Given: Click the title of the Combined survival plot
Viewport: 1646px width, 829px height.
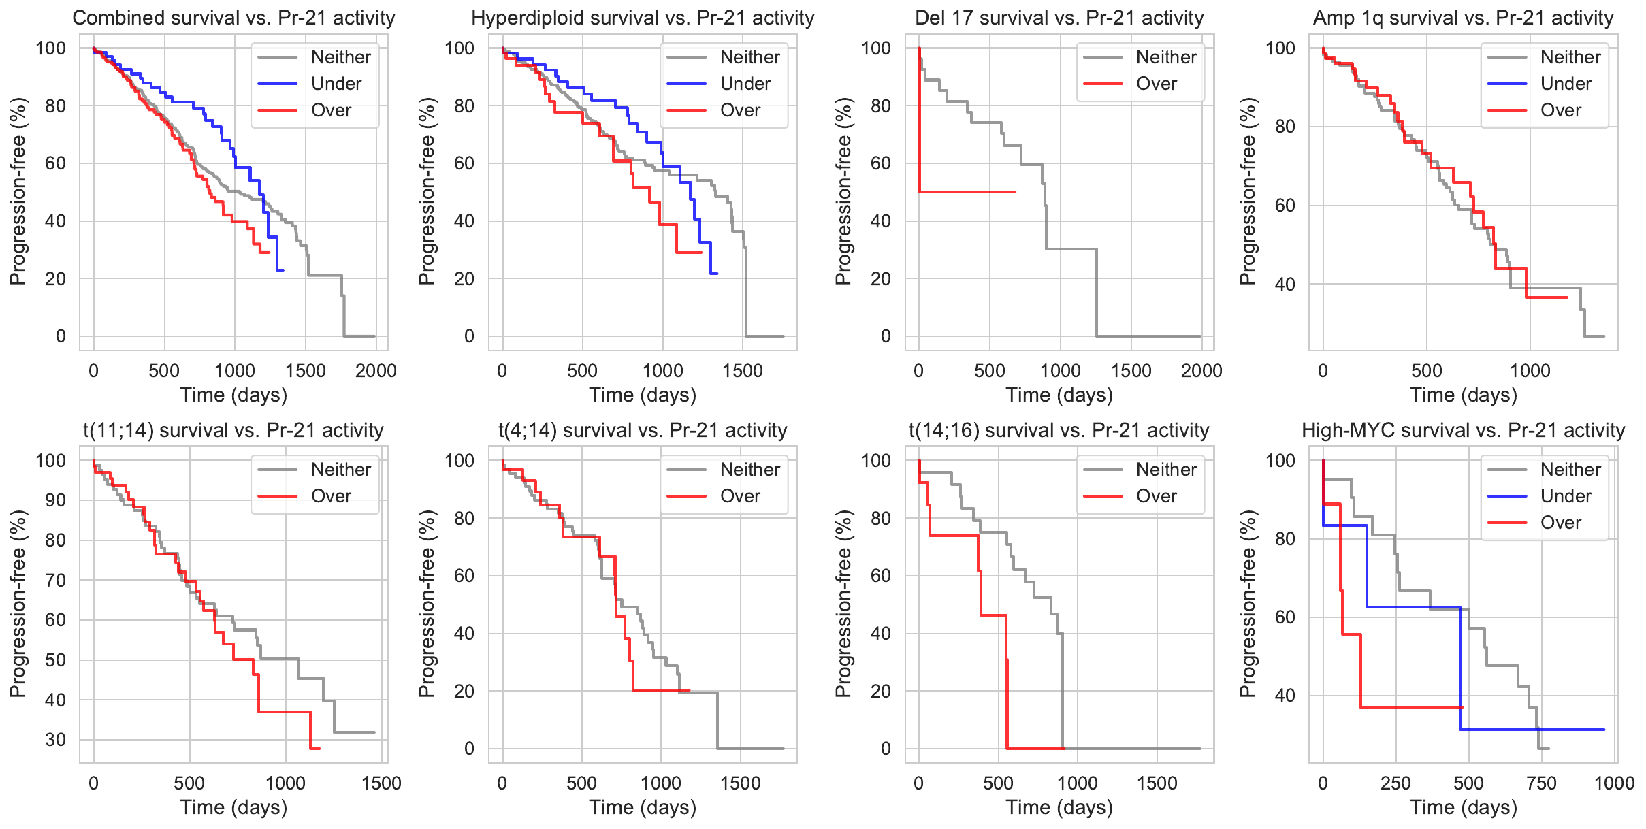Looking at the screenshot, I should (x=233, y=18).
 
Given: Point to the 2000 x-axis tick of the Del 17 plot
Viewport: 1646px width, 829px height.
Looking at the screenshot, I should (x=1201, y=371).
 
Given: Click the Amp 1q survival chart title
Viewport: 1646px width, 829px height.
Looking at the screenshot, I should (x=1463, y=18).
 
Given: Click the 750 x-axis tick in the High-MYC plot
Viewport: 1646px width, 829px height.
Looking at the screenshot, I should (x=1541, y=783).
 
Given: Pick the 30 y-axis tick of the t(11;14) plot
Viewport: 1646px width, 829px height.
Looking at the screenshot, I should (x=56, y=740).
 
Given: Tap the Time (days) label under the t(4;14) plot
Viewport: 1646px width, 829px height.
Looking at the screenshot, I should (x=643, y=808).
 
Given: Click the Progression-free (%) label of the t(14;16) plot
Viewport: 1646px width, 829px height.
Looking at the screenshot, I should (x=843, y=604).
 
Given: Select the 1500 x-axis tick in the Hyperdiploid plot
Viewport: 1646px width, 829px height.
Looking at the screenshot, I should (x=743, y=371).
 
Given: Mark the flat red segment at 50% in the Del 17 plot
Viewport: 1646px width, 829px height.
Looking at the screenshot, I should (x=967, y=192).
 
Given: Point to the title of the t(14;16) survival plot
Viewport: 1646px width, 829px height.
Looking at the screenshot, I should (x=1059, y=430).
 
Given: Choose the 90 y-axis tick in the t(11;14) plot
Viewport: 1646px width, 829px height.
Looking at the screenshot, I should (x=56, y=500).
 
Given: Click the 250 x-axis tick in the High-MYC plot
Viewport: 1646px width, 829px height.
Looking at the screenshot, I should (x=1395, y=783).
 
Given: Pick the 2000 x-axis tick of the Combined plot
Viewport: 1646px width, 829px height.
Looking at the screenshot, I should (x=376, y=371).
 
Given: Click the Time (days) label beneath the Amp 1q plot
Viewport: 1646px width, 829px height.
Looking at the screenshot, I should (x=1463, y=395).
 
